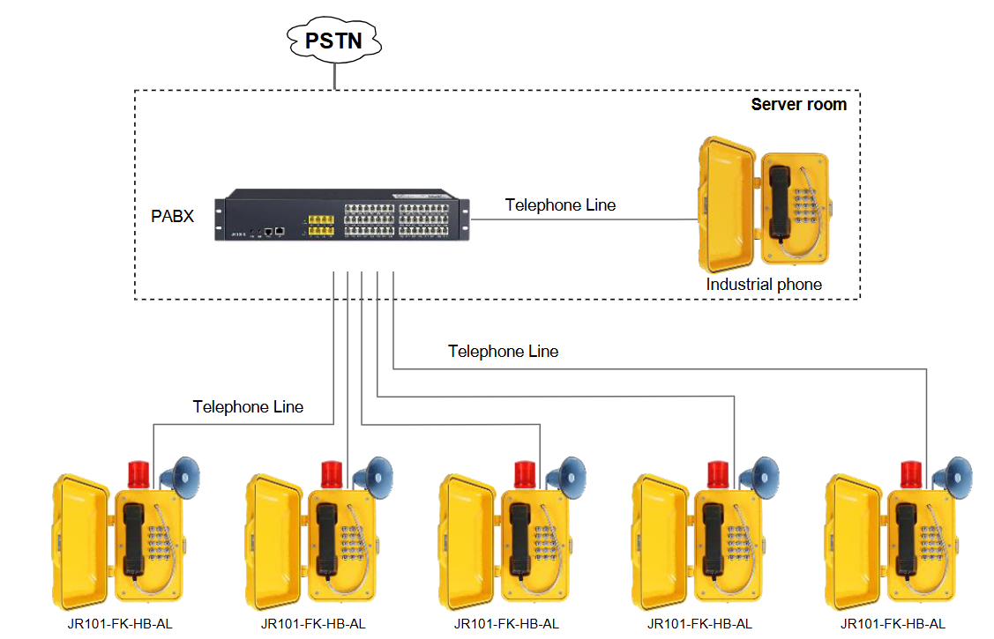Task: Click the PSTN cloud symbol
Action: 333,40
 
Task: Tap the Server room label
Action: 798,105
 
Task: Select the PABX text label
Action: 172,216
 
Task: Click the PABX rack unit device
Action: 345,215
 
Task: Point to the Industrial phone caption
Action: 764,285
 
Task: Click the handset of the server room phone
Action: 779,203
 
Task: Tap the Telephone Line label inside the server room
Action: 560,205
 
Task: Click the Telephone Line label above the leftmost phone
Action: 248,407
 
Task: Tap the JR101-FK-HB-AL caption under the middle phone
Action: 506,623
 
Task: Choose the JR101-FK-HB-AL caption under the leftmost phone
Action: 120,623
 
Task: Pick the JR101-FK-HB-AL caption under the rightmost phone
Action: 893,623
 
